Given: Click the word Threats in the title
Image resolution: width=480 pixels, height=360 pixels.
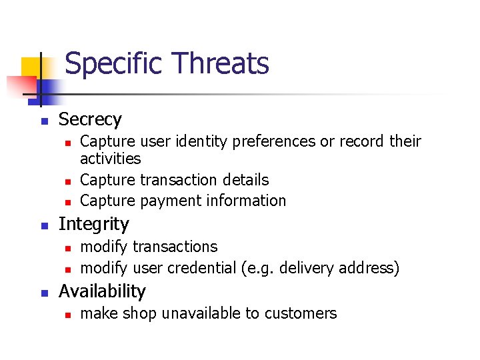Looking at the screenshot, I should pos(220,63).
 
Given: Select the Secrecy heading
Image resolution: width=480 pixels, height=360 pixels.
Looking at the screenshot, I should pos(90,120).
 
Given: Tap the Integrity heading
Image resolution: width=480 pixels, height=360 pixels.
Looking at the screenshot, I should pos(93,224).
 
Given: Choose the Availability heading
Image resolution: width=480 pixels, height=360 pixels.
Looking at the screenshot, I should pos(102,291).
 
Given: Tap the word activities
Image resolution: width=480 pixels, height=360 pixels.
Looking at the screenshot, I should pos(110,159).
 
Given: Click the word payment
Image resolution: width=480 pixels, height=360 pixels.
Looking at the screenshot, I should pos(165,201).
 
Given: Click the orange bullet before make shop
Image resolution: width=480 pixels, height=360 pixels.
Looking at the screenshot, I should pos(68,314).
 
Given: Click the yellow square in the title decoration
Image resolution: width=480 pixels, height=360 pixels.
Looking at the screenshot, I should pos(31,67).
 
